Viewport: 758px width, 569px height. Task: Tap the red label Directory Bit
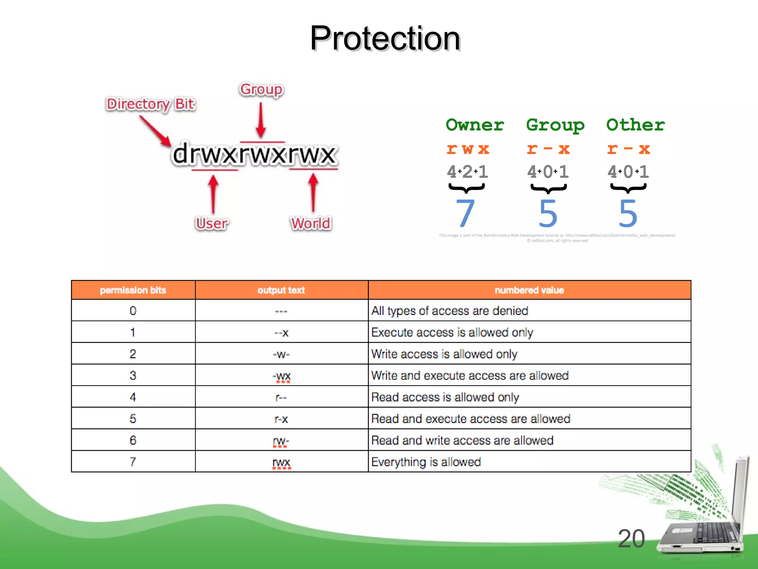pos(151,104)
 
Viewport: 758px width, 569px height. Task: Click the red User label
pos(212,223)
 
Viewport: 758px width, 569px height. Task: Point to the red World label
pos(311,223)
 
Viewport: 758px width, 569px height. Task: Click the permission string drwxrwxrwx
pos(255,154)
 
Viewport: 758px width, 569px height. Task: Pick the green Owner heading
pos(475,125)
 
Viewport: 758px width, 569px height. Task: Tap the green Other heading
pos(635,125)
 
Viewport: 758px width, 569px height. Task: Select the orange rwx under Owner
pos(468,149)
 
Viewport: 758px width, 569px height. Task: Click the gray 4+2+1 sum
pos(467,172)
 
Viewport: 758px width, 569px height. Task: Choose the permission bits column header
pos(133,290)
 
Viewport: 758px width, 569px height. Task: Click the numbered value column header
pos(529,290)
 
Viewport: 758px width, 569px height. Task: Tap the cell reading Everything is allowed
pos(426,462)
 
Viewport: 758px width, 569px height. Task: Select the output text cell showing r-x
pos(281,419)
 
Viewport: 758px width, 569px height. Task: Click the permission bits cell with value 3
pos(133,376)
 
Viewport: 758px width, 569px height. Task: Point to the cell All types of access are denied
pos(450,311)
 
